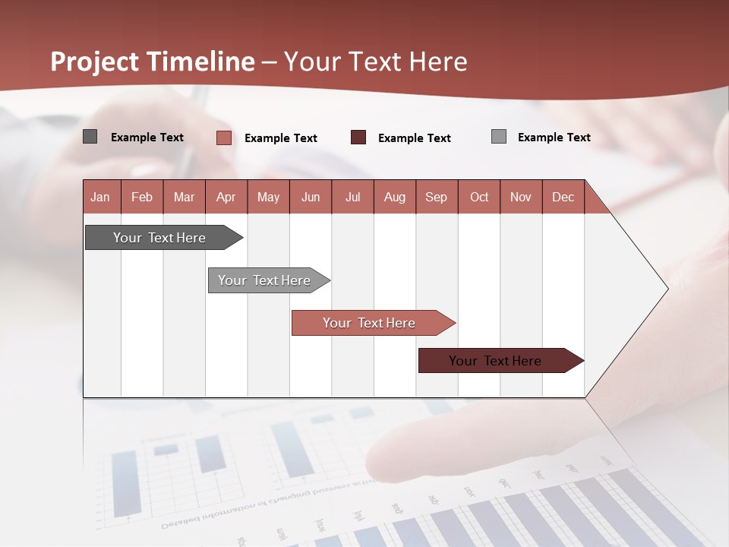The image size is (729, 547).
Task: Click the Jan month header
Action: point(100,197)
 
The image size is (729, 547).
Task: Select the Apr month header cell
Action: point(226,197)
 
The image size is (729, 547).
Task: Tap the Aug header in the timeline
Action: point(395,197)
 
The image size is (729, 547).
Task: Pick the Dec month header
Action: point(563,197)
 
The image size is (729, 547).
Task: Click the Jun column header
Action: point(311,197)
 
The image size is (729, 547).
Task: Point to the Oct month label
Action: point(479,197)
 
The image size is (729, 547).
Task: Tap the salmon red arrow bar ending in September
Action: point(370,323)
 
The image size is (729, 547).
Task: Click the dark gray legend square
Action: point(90,137)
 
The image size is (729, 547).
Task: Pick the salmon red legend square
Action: point(223,138)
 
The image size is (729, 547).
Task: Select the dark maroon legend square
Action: point(358,138)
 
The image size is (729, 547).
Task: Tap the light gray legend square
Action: point(499,137)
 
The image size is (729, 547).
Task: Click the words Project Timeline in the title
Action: point(152,62)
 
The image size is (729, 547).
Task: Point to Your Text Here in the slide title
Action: point(376,62)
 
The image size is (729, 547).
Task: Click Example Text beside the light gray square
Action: point(554,138)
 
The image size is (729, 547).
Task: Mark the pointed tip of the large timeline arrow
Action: point(667,288)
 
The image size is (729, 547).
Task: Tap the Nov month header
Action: point(521,197)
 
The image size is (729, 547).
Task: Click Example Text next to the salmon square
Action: point(280,138)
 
